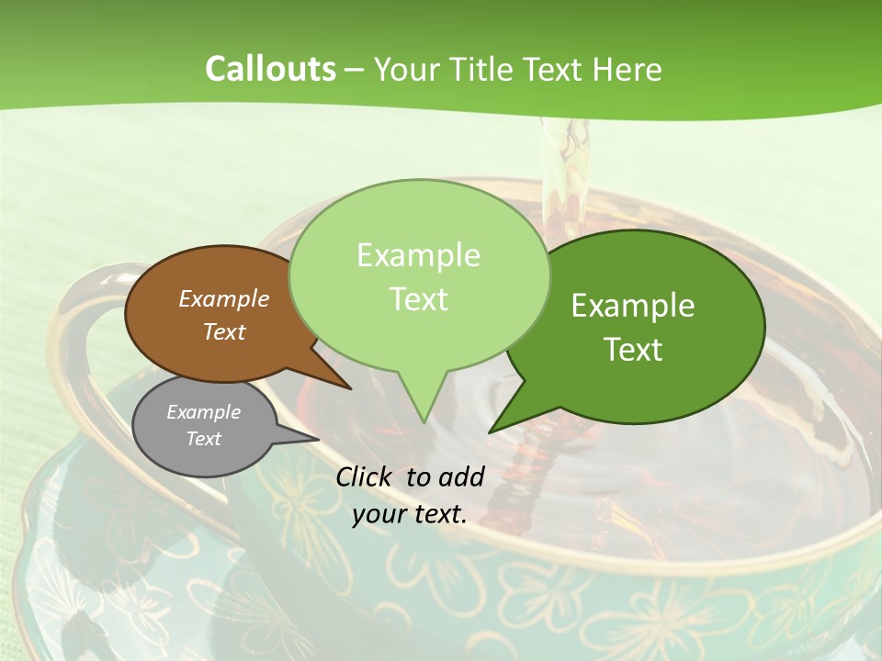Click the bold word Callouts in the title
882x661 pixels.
coord(270,69)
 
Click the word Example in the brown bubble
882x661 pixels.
coord(223,298)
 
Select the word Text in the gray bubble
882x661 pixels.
coord(203,439)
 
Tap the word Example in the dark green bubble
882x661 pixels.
coord(633,305)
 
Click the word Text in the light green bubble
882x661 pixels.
coord(419,298)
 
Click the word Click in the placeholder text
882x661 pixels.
coord(366,476)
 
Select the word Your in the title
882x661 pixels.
coord(407,70)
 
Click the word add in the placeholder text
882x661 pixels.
coord(461,476)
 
